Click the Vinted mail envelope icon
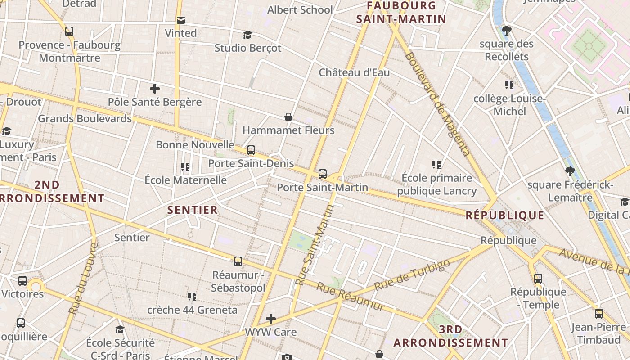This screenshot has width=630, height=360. click(x=180, y=20)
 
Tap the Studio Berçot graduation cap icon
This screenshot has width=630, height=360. click(x=247, y=35)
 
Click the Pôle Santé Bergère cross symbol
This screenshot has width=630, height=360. click(x=154, y=89)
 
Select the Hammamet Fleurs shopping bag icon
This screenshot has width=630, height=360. click(x=288, y=117)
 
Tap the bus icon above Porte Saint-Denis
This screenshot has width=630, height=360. click(x=251, y=150)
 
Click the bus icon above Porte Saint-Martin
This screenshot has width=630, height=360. click(x=322, y=174)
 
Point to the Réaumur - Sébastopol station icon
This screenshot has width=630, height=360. click(x=238, y=261)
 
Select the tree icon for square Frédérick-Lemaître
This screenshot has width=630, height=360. click(x=570, y=171)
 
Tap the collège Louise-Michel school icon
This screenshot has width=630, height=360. click(x=509, y=85)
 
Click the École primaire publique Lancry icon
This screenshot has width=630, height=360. click(x=436, y=165)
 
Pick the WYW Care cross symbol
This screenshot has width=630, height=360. click(x=270, y=319)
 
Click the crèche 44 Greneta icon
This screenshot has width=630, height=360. click(x=192, y=297)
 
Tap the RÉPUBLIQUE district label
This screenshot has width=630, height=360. click(x=505, y=215)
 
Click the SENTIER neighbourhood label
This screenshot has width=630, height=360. click(x=193, y=210)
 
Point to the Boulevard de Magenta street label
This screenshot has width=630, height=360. click(x=437, y=104)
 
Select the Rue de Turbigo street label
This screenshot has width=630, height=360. click(x=412, y=275)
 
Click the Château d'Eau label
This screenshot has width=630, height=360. click(x=354, y=72)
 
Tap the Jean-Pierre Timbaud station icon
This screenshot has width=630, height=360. click(x=598, y=314)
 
